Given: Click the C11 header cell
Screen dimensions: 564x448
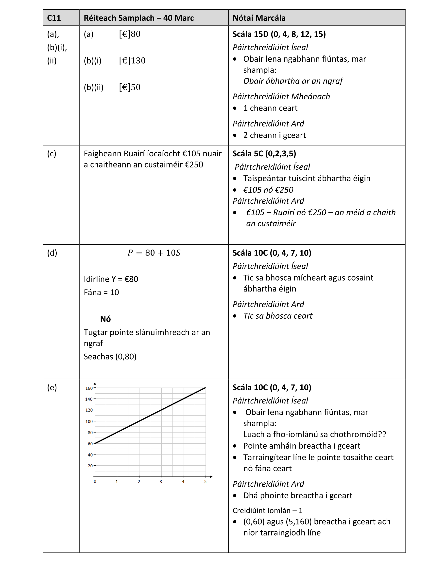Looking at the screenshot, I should tap(54, 18).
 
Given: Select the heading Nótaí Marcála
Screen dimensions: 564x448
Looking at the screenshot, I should tap(259, 18).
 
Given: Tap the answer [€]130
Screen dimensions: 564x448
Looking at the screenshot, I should tap(132, 61).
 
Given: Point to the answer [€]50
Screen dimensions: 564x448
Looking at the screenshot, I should tap(130, 87).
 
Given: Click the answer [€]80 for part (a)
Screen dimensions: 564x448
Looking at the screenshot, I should tap(130, 34).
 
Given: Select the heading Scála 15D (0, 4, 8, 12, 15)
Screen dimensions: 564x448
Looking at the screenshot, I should tap(279, 34).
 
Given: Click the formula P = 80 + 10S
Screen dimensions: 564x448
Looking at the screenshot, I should tap(154, 253).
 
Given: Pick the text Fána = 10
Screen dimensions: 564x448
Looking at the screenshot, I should tap(101, 292).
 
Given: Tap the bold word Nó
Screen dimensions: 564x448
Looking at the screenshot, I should tap(105, 319).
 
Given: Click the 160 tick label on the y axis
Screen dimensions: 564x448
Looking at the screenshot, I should tap(89, 388).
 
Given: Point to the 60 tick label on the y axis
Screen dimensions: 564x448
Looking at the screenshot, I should tap(90, 444).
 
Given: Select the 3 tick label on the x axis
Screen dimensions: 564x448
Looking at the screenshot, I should tap(161, 482).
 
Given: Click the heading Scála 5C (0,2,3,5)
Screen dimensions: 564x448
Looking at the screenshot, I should tap(264, 154).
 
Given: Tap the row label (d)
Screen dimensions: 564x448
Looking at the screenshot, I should tap(52, 253).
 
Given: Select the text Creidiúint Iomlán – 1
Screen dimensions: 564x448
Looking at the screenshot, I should tap(267, 510).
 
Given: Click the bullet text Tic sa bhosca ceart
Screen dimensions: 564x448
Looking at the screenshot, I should tap(277, 316).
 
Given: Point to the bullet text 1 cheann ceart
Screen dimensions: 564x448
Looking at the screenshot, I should tap(270, 108).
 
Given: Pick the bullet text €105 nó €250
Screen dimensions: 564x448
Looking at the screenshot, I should tap(268, 190).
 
